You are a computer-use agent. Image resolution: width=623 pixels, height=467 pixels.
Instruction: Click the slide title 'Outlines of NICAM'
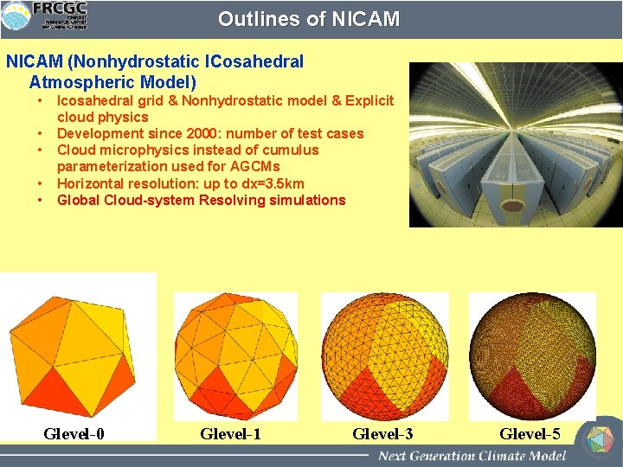pos(309,19)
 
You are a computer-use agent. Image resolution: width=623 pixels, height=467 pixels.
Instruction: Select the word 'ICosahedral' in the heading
pos(254,62)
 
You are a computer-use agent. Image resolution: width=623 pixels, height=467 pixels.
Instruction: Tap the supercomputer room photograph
pos(515,144)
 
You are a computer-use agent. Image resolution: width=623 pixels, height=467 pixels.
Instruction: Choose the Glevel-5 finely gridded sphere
pos(531,356)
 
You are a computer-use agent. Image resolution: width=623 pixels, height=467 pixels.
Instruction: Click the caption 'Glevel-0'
pos(74,433)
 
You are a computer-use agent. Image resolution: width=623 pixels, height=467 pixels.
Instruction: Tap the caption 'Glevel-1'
pos(230,433)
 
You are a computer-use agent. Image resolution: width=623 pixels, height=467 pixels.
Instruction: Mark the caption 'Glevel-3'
pos(382,433)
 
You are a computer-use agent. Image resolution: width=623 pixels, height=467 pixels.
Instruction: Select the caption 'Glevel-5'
pos(530,433)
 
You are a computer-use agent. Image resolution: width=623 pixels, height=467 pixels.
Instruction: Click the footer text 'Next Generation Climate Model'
pos(471,456)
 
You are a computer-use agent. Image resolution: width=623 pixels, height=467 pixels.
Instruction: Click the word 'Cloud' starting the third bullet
pos(76,150)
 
